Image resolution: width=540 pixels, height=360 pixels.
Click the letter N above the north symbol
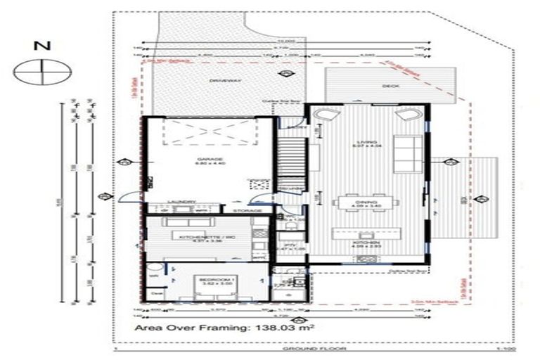pos(44,47)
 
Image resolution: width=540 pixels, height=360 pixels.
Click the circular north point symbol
pos(44,70)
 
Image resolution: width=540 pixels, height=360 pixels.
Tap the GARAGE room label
pos(205,161)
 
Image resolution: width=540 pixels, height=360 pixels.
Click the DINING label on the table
pos(368,202)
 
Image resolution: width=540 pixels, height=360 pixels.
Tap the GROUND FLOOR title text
pos(300,349)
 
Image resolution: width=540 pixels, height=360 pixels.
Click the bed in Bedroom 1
pos(212,288)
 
